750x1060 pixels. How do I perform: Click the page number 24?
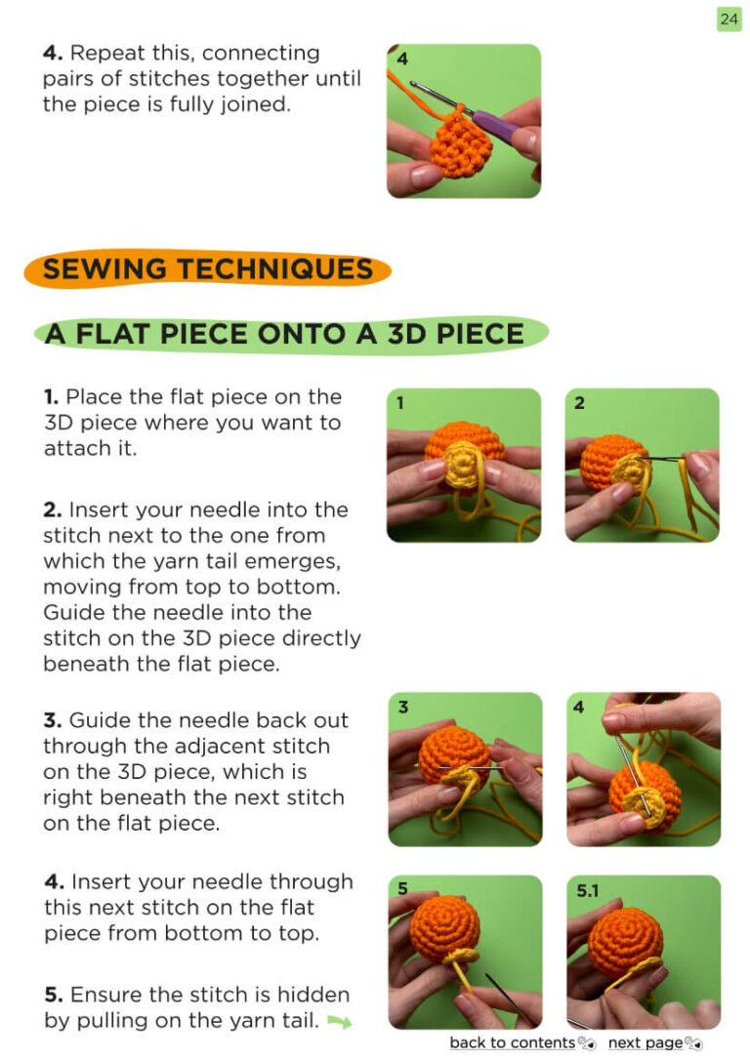[x=729, y=19]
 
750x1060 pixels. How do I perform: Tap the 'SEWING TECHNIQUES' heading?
[x=208, y=269]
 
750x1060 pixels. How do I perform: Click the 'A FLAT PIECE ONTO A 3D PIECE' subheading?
[x=285, y=334]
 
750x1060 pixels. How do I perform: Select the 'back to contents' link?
[x=512, y=1042]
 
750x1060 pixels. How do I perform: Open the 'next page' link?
[x=646, y=1042]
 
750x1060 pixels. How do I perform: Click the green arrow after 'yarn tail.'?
[x=340, y=1022]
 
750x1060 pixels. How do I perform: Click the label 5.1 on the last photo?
[x=588, y=890]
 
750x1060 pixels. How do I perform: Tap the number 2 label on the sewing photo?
[x=579, y=403]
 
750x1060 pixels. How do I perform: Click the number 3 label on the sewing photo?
[x=403, y=707]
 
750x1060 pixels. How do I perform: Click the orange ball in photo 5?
[x=444, y=925]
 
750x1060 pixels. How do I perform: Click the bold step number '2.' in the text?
[x=53, y=510]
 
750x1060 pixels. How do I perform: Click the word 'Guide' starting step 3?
[x=98, y=720]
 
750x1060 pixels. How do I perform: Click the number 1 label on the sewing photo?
[x=400, y=403]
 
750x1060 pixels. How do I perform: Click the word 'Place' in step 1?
[x=96, y=397]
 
